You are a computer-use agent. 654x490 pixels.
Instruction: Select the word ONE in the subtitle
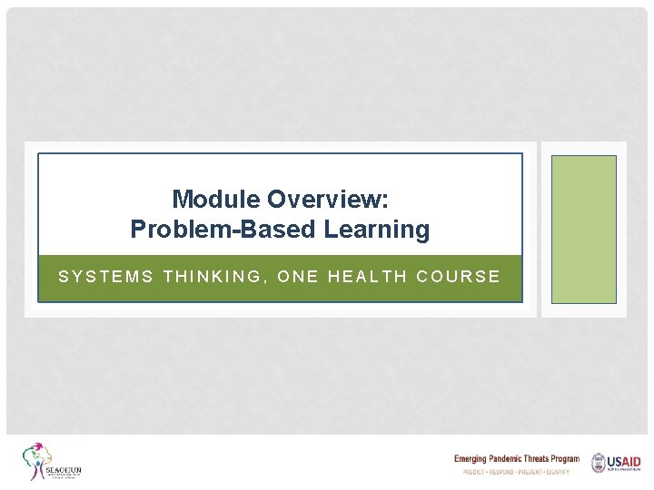(296, 277)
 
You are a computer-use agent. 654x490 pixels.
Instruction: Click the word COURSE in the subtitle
(459, 277)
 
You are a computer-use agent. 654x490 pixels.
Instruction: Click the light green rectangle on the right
(583, 229)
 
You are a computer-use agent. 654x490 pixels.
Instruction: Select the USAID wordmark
(625, 462)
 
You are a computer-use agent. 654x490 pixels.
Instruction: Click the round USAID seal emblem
(599, 463)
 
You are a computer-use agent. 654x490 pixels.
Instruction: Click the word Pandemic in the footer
(514, 459)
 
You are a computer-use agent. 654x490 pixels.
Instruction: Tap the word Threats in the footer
(547, 459)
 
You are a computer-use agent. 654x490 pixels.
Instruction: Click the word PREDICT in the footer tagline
(475, 473)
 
